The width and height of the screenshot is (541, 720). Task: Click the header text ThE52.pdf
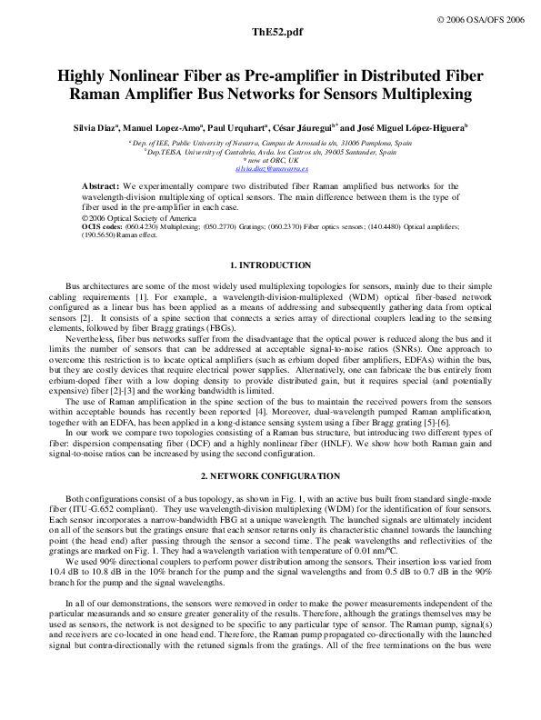point(270,32)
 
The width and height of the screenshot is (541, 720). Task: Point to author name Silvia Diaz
point(99,129)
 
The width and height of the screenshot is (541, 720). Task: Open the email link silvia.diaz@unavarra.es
point(271,169)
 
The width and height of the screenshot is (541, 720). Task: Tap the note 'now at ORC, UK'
point(271,161)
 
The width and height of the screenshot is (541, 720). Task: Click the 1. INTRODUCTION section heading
point(270,265)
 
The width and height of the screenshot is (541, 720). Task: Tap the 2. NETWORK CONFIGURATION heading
point(270,476)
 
